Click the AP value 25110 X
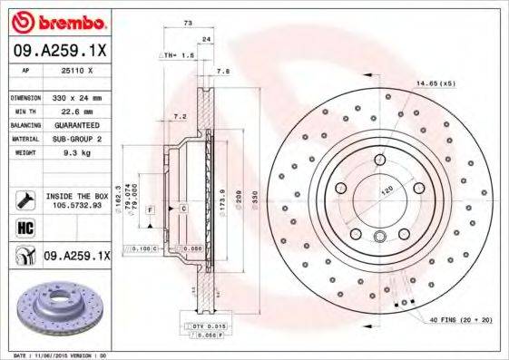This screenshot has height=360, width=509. coord(75,71)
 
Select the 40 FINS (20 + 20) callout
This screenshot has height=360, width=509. coord(459,320)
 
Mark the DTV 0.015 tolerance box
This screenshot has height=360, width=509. coord(205,325)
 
